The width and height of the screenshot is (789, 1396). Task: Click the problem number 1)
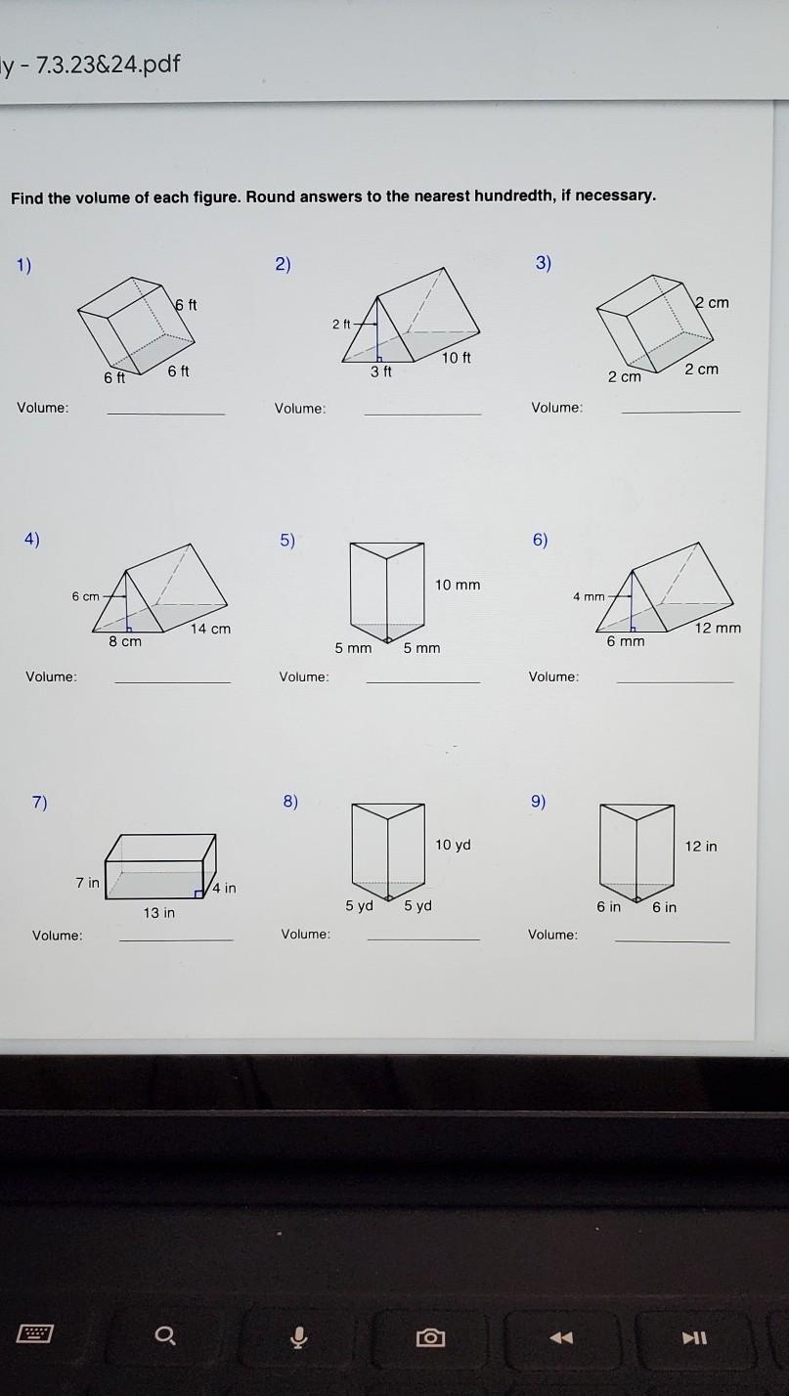23,264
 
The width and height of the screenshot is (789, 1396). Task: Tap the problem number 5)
286,540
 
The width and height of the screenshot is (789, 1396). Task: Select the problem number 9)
539,802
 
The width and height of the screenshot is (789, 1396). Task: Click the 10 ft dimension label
457,358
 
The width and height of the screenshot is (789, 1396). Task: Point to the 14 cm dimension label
210,629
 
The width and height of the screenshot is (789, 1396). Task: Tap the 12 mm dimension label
718,628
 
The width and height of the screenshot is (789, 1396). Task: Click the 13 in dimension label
158,913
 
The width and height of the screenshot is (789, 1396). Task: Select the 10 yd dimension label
453,845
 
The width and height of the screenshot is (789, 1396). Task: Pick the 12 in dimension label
700,846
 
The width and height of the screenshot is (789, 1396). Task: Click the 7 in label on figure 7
87,883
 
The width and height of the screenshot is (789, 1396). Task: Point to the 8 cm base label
125,641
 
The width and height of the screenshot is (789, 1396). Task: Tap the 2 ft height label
341,324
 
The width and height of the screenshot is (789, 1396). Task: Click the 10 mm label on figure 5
458,585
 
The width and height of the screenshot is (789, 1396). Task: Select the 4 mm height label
589,596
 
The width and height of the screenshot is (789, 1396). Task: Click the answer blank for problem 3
680,411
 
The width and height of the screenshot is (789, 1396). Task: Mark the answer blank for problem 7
176,938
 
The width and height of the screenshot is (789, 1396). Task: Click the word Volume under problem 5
304,676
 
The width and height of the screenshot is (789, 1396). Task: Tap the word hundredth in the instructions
514,196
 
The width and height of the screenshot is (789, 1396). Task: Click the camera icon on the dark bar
430,1336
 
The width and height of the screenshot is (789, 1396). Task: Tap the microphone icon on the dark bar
299,1336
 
